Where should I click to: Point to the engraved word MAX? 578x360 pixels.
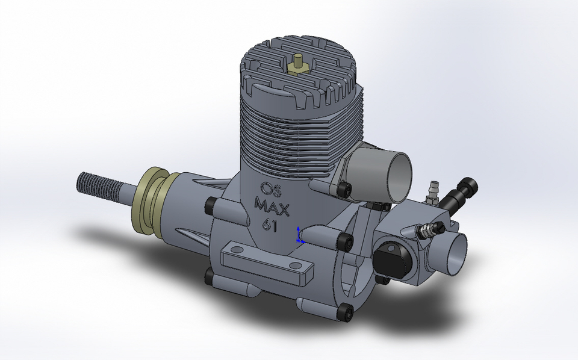(272, 207)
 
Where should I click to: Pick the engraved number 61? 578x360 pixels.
(269, 225)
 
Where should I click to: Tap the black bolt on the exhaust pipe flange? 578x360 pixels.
(344, 189)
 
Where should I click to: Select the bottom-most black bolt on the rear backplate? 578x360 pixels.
(346, 311)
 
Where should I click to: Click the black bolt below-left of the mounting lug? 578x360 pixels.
(208, 276)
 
